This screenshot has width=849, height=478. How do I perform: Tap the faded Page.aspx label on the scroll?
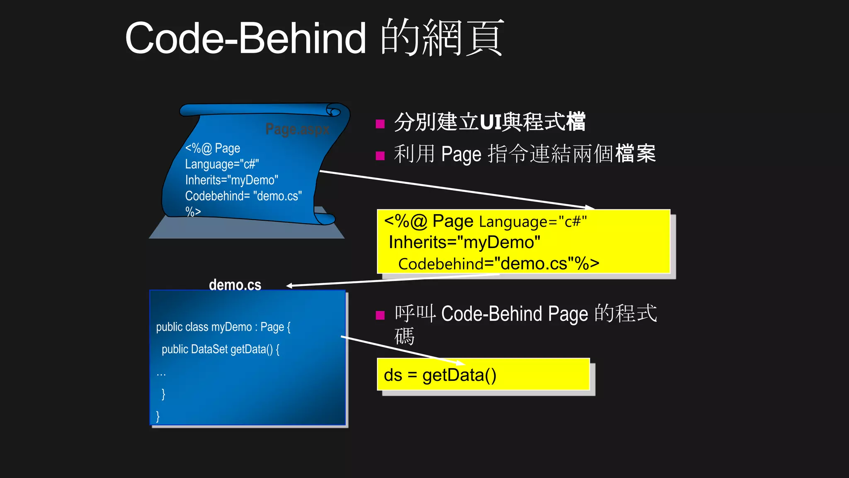[x=297, y=129]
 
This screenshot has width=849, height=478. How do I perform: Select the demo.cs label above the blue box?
[x=235, y=285]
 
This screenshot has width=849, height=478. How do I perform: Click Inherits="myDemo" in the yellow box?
[x=464, y=242]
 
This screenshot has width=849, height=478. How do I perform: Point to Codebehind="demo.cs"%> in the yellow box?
[x=499, y=264]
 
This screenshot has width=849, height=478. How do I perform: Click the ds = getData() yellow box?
[x=483, y=375]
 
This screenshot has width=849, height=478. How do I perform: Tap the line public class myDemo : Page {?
[x=223, y=327]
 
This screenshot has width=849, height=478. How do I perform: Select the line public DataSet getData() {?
[x=221, y=349]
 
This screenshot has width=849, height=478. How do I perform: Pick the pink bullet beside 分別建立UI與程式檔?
[x=380, y=124]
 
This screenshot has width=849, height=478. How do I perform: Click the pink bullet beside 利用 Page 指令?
[x=380, y=156]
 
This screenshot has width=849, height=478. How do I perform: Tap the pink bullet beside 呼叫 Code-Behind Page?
[x=380, y=315]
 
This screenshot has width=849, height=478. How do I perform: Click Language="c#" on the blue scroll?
[x=222, y=164]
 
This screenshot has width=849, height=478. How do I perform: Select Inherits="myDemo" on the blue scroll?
[x=231, y=180]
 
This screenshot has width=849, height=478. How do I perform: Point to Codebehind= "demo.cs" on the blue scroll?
[x=243, y=196]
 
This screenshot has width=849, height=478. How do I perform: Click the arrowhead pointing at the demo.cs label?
[x=289, y=285]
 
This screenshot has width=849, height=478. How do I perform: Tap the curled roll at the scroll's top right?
[x=333, y=111]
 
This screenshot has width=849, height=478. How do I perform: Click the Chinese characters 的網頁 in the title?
[x=442, y=38]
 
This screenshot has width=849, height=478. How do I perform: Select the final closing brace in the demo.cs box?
[x=158, y=416]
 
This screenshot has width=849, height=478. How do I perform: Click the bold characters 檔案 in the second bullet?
[x=635, y=154]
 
